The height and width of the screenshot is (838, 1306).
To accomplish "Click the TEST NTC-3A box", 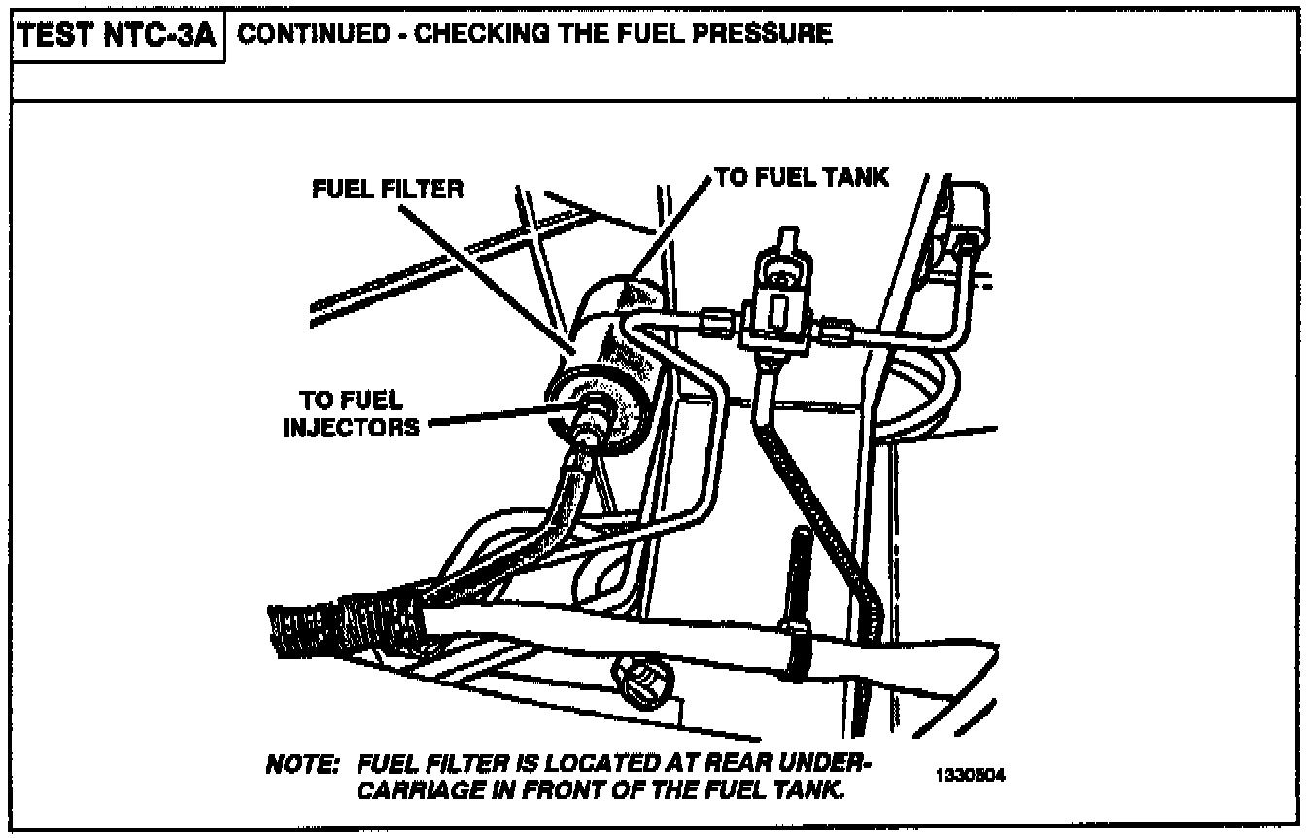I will click(x=118, y=38).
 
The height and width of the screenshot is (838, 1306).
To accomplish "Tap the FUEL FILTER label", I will click(x=388, y=189).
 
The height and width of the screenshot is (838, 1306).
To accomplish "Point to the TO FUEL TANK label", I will click(x=802, y=177).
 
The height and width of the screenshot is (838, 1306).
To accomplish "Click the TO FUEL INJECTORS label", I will click(x=352, y=413).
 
